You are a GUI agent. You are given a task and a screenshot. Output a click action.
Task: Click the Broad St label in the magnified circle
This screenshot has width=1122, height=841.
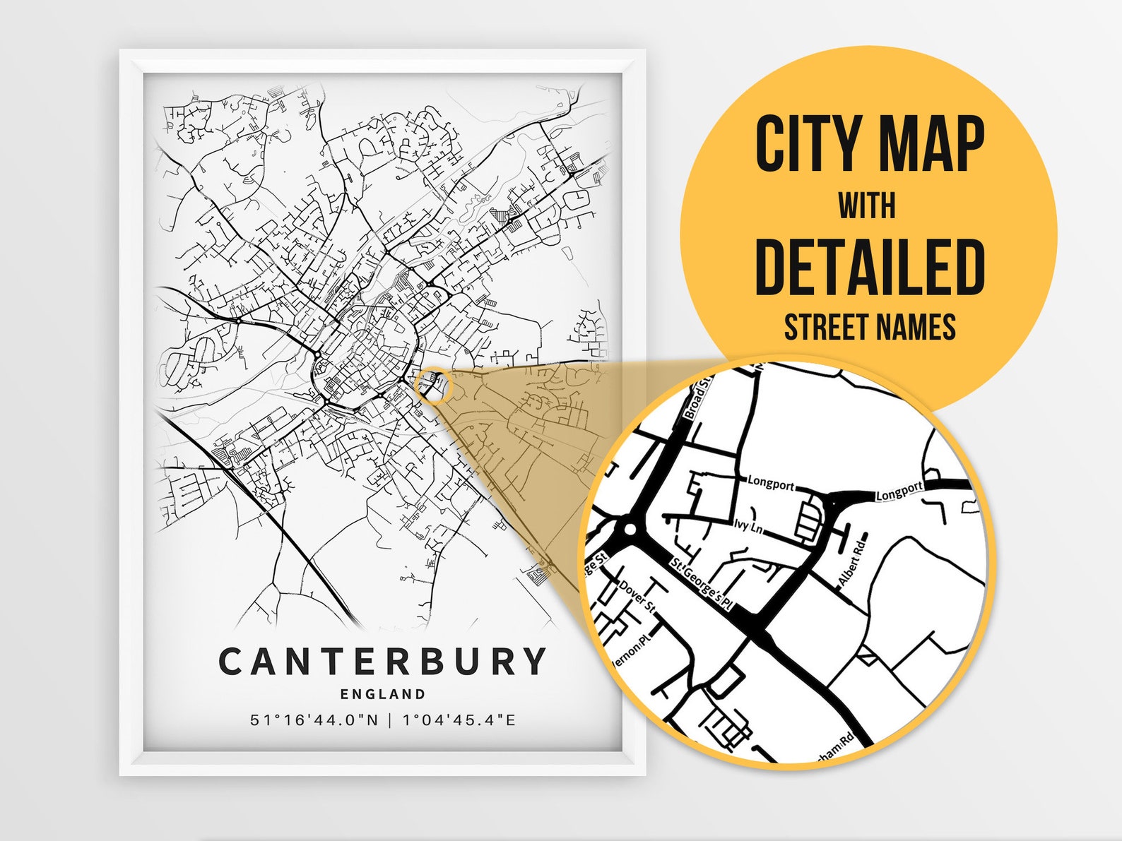(x=698, y=398)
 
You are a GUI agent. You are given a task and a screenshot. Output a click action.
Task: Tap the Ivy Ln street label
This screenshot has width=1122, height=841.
(x=748, y=526)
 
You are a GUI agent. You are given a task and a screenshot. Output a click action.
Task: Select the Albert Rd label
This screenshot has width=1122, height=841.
(x=852, y=561)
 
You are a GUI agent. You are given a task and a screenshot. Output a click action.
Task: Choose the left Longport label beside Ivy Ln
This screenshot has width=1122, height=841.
(x=771, y=484)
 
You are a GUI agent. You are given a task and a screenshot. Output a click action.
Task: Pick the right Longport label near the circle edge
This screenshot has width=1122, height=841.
(x=899, y=491)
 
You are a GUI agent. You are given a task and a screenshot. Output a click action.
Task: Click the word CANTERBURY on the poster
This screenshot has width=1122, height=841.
(x=382, y=662)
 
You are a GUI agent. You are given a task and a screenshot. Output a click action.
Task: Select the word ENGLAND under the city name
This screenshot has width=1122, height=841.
(x=383, y=694)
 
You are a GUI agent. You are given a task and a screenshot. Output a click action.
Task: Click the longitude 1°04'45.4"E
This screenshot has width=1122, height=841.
(x=459, y=720)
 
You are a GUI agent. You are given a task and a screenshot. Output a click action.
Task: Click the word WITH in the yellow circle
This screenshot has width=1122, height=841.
(x=867, y=205)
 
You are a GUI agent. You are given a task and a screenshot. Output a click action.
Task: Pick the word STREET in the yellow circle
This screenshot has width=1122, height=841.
(x=825, y=328)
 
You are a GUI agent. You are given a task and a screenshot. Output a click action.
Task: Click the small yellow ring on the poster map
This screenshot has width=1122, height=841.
(x=432, y=385)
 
